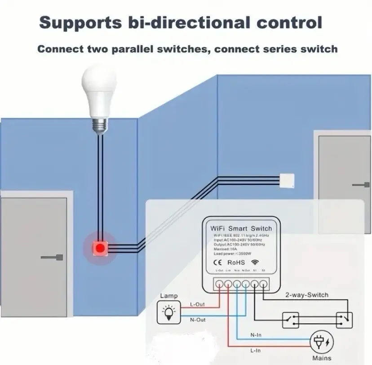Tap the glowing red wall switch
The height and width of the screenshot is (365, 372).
pos(99,247)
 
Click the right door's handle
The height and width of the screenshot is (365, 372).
pos(359,184)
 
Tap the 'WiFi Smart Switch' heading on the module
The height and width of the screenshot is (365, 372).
pos(241,228)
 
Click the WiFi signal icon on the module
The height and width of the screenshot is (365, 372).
pos(255,261)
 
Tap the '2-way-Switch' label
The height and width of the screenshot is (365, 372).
pos(307,295)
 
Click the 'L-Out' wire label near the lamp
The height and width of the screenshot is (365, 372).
pos(197,304)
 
